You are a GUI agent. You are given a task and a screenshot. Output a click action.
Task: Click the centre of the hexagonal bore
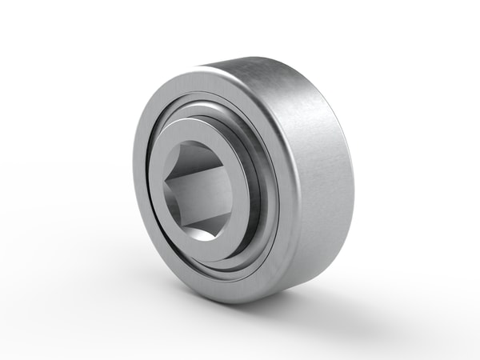(x=200, y=186)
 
